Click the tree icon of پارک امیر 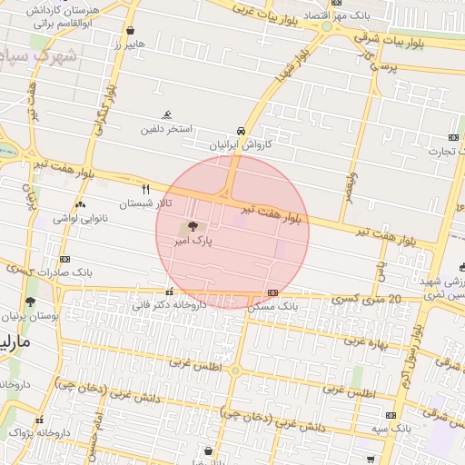191,227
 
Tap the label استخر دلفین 165,129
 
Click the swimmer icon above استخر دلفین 166,115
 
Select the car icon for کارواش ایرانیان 240,131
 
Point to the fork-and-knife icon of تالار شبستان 145,189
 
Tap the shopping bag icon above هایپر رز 130,29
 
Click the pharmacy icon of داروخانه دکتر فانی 170,292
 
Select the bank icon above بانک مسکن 273,292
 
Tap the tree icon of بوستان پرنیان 30,301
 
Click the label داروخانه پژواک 39,433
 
